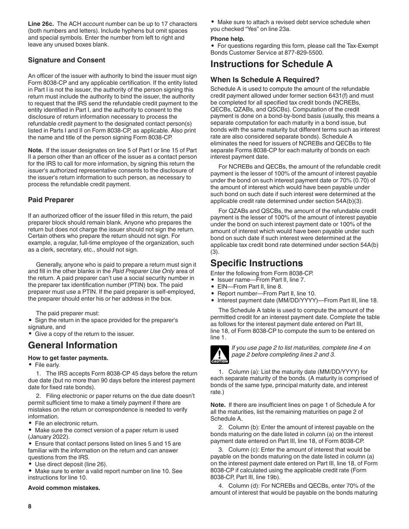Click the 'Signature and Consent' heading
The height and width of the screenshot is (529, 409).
[x=67, y=60]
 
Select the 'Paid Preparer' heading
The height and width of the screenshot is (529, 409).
[x=51, y=200]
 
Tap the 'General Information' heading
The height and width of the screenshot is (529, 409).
[x=73, y=345]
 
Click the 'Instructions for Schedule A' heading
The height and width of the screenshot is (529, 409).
[x=272, y=65]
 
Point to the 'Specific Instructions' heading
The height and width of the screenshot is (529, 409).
[x=257, y=263]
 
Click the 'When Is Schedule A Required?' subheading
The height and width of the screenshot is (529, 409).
[x=265, y=80]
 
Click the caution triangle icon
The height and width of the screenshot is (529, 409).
[x=219, y=355]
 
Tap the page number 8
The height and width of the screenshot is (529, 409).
[x=30, y=506]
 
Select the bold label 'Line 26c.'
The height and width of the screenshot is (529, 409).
[x=41, y=24]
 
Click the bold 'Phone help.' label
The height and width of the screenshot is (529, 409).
[x=227, y=39]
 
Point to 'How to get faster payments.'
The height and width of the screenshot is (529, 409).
[x=68, y=358]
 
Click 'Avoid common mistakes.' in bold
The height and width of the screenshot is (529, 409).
[x=64, y=488]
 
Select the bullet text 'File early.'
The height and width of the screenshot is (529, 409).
[x=47, y=365]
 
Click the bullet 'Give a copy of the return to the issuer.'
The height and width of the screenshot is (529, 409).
[x=84, y=334]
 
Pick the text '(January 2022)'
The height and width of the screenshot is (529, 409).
[x=48, y=437]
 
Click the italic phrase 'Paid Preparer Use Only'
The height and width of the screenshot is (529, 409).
[x=143, y=271]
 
